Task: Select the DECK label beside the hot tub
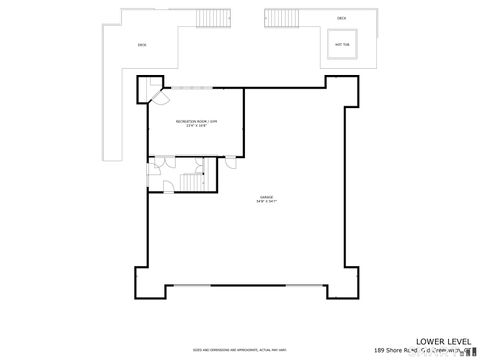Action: click(341, 18)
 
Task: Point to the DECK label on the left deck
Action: click(142, 45)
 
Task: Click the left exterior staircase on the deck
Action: click(210, 18)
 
